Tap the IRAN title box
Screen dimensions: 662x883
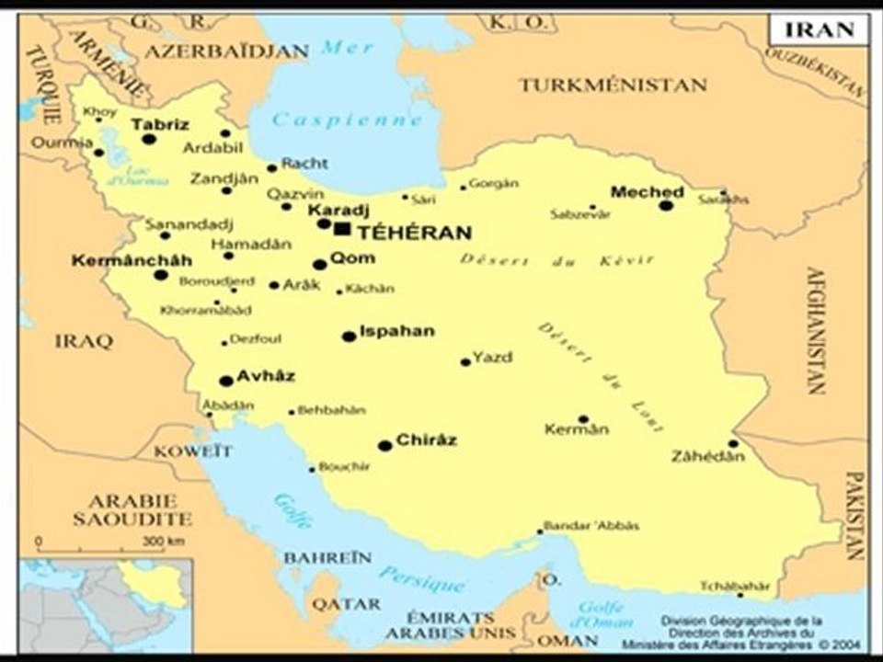point(819,29)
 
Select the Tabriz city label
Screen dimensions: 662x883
point(159,124)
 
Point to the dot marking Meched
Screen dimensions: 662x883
point(666,205)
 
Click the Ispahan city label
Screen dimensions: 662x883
point(397,331)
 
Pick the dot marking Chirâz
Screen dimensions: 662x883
point(385,446)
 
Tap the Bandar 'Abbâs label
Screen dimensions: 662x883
point(591,526)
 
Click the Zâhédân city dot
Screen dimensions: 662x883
point(733,443)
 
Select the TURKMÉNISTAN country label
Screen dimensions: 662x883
point(613,86)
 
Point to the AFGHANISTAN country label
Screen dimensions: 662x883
point(815,330)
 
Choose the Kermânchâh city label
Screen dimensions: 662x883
point(132,261)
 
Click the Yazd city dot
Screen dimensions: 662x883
point(465,362)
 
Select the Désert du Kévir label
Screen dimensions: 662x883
point(557,260)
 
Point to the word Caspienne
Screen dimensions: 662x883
point(348,120)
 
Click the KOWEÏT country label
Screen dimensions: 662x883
point(193,451)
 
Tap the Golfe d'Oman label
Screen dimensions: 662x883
point(601,614)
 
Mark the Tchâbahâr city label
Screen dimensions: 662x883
point(733,587)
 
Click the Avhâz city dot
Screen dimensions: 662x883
point(225,381)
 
